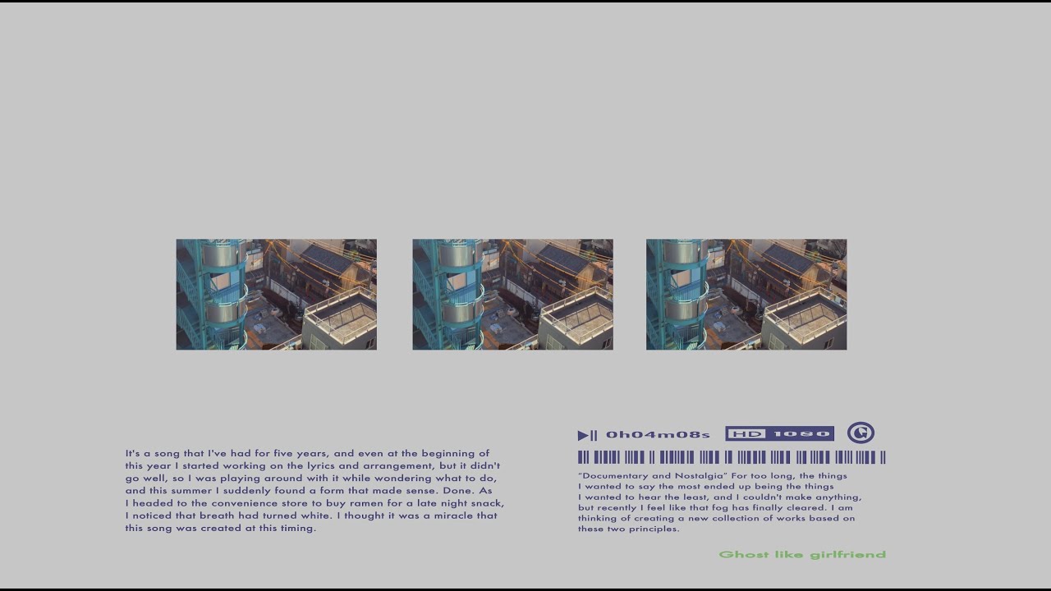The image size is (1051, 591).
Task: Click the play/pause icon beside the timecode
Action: point(587,435)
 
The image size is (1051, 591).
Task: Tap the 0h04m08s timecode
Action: point(658,435)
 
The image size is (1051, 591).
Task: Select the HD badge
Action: point(746,434)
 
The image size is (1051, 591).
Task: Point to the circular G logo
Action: point(861,433)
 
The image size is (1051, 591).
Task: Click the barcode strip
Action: point(732,457)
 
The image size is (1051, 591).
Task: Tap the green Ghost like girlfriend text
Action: point(802,554)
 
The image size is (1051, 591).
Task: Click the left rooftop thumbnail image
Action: point(277,295)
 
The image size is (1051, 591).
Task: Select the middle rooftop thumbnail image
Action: point(513,295)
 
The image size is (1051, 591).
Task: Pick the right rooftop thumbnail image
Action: point(746,295)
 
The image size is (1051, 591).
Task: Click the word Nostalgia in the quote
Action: point(701,476)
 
